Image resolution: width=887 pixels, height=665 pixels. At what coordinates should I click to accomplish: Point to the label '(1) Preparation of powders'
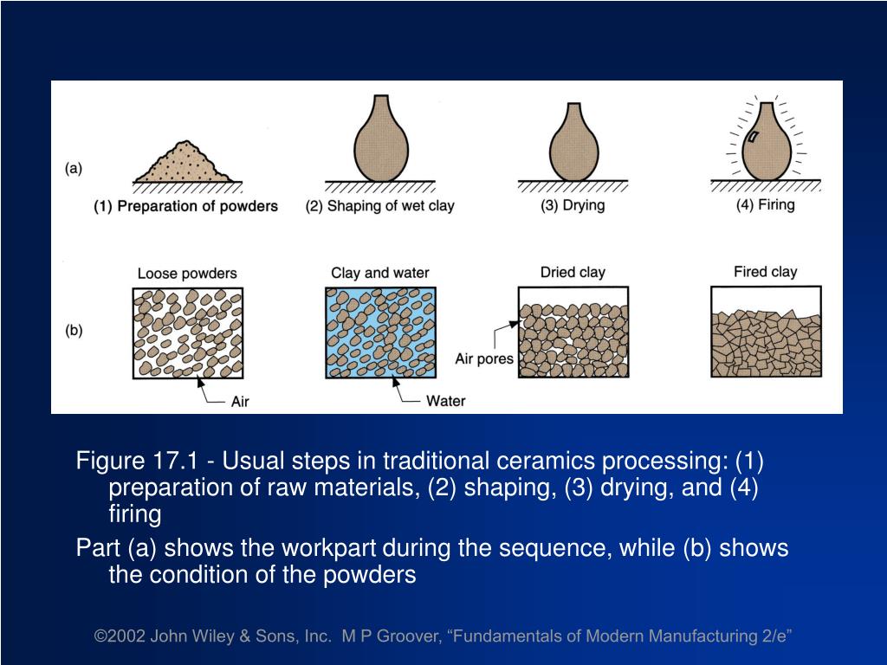pyautogui.click(x=186, y=206)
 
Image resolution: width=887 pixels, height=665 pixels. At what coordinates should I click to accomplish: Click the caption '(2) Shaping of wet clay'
pyautogui.click(x=379, y=206)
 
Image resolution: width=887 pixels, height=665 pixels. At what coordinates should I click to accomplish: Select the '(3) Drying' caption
pyautogui.click(x=573, y=206)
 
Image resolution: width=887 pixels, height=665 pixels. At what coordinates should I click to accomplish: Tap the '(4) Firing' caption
pyautogui.click(x=765, y=205)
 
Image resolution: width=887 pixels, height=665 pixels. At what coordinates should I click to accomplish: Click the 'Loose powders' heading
pyautogui.click(x=187, y=274)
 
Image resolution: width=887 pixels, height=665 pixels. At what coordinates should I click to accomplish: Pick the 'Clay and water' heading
pyautogui.click(x=380, y=273)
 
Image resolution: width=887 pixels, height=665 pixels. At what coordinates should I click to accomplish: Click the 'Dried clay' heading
pyautogui.click(x=573, y=272)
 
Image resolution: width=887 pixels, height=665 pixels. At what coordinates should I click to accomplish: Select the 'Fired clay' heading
pyautogui.click(x=765, y=271)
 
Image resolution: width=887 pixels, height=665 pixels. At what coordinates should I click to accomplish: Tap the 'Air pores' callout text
pyautogui.click(x=484, y=358)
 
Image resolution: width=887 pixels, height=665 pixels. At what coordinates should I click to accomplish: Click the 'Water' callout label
pyautogui.click(x=445, y=401)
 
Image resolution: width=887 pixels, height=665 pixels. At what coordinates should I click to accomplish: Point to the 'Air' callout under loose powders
pyautogui.click(x=241, y=401)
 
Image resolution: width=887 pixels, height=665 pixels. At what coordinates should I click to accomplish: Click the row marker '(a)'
pyautogui.click(x=74, y=169)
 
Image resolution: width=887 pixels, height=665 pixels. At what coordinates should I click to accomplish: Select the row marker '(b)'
pyautogui.click(x=74, y=331)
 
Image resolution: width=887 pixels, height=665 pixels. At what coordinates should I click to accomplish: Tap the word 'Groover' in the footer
pyautogui.click(x=406, y=636)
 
